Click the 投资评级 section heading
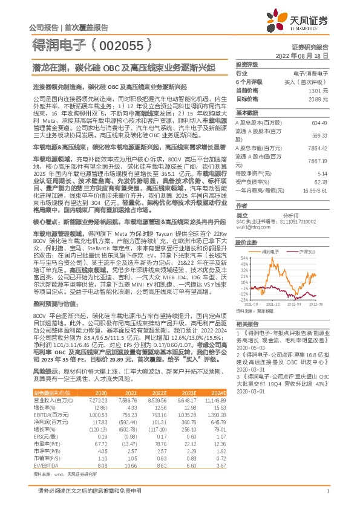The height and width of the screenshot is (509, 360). point(246,64)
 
